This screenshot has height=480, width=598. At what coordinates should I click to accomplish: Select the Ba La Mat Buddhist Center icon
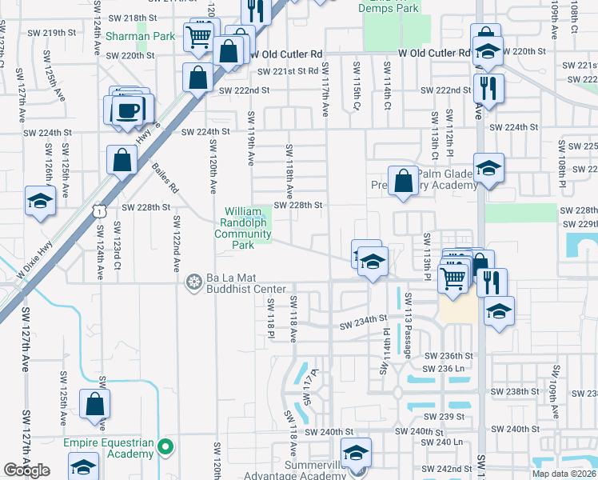click(193, 282)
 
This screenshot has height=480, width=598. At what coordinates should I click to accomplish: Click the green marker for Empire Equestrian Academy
click(166, 447)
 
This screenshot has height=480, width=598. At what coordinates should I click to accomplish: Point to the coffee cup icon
click(130, 110)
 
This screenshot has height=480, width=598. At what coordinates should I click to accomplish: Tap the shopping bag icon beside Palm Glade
click(403, 180)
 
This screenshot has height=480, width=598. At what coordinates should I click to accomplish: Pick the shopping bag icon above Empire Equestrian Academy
click(95, 404)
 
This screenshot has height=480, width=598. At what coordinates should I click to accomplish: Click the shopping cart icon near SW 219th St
click(198, 36)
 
